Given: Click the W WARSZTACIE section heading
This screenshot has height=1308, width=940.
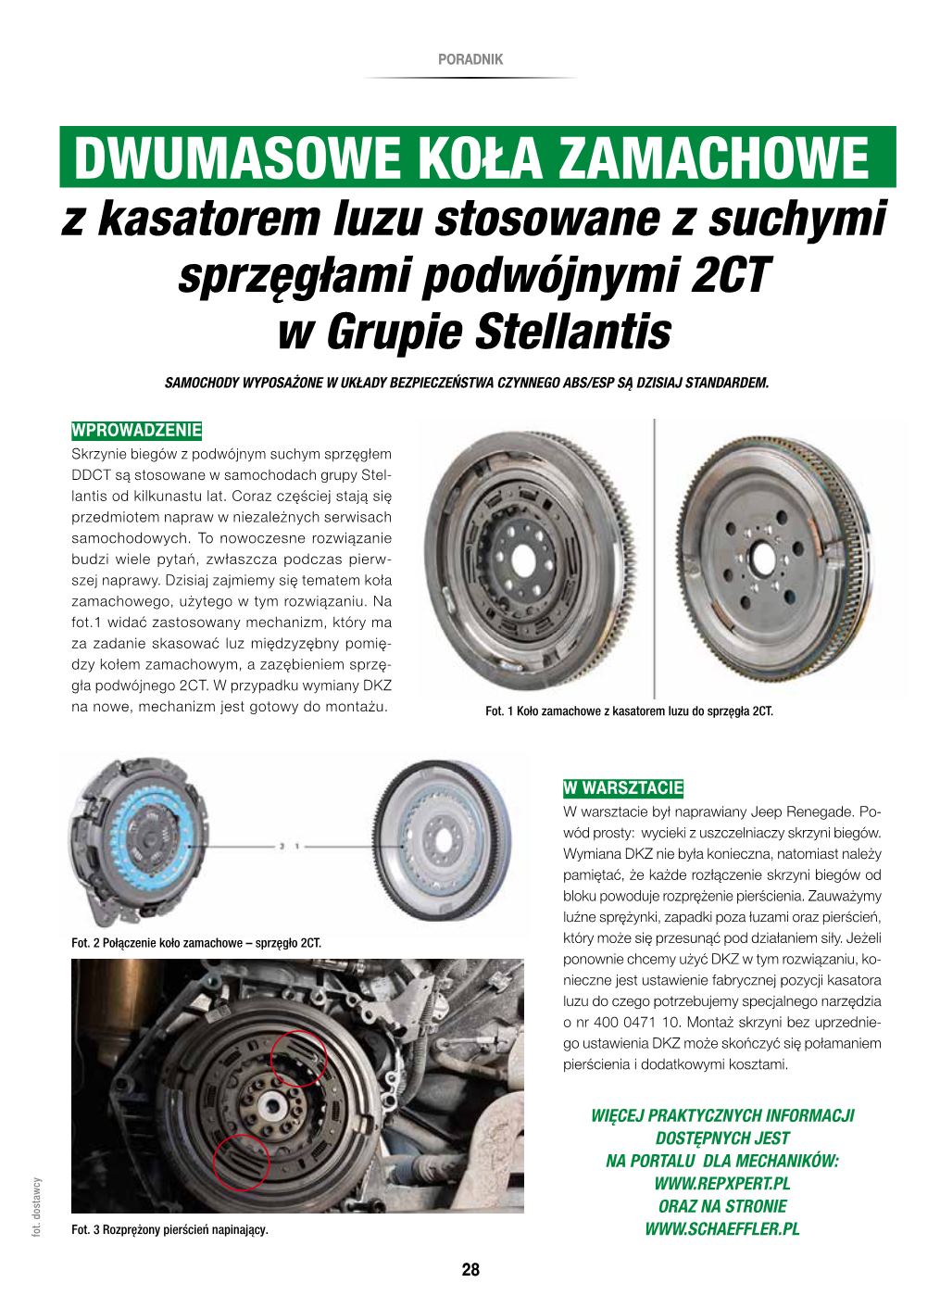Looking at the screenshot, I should tap(622, 788).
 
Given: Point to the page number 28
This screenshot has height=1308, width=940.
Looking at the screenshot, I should tap(470, 1269).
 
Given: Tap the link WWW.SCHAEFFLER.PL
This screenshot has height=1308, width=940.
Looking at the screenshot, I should tap(722, 1229).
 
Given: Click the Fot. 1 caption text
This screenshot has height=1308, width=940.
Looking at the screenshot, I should tap(629, 711).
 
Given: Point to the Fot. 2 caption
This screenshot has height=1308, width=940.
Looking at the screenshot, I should tap(195, 944).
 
